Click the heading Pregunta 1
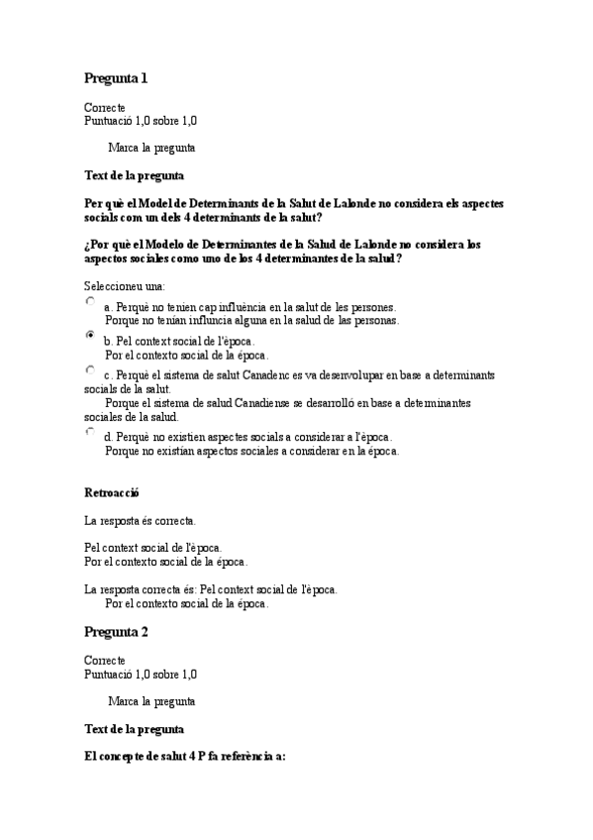point(116,78)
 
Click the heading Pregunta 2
point(116,631)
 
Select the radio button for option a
point(91,301)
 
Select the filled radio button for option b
point(91,336)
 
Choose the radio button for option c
point(91,369)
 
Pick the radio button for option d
point(91,431)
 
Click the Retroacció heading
point(113,491)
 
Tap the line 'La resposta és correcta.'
point(140,520)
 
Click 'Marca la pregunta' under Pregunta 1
point(150,148)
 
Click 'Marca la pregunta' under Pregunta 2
point(150,701)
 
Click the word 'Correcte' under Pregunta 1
point(105,107)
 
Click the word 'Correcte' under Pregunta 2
point(105,661)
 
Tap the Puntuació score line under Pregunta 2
point(141,675)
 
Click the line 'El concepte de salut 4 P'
point(185,757)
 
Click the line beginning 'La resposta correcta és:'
point(211,589)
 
